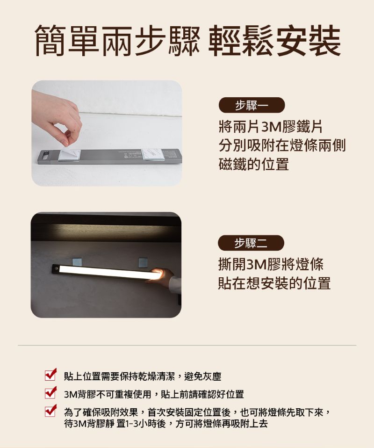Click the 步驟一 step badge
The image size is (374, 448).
[x=252, y=105]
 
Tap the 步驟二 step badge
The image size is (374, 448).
[x=251, y=243]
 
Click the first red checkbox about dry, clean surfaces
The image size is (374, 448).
[x=50, y=375]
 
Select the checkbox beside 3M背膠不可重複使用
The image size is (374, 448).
[x=50, y=392]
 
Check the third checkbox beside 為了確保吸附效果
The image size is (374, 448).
[x=50, y=411]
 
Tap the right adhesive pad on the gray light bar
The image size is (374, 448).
[x=152, y=155]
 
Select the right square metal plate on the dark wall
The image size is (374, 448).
[x=143, y=262]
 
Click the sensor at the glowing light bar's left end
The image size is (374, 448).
[x=57, y=268]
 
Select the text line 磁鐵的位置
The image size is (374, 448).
[x=254, y=164]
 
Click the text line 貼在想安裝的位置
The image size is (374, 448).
[x=274, y=283]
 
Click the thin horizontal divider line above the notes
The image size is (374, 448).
[x=187, y=345]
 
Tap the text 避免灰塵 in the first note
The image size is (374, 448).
[x=203, y=376]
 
